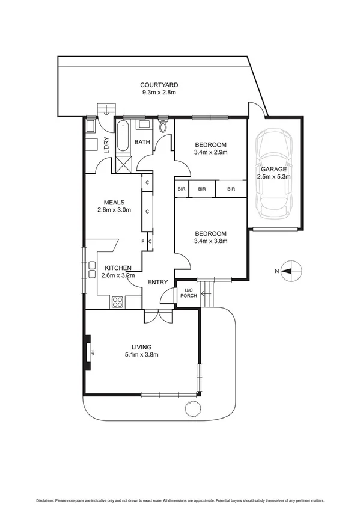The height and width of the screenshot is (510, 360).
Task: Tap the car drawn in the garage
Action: coord(275,176)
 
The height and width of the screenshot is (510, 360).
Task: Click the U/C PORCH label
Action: coord(188,294)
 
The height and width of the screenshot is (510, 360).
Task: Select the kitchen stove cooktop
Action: coord(117,302)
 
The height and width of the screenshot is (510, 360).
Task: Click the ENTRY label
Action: coord(157,282)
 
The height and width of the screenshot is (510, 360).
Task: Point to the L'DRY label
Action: coord(106,146)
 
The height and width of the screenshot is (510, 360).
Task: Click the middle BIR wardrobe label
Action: coord(202,189)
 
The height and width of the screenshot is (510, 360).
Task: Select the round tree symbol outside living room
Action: coord(192,410)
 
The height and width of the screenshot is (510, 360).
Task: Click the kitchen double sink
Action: coord(93,269)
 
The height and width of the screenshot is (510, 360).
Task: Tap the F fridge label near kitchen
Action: coord(143,242)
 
